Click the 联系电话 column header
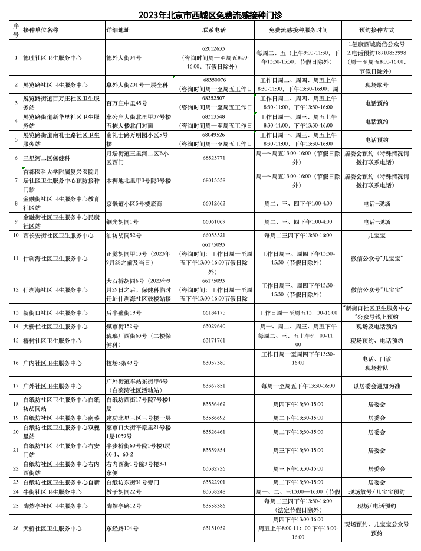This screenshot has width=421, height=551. tap(213, 30)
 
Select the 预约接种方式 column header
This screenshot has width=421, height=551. tap(376, 30)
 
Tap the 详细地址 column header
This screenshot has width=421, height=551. tap(118, 30)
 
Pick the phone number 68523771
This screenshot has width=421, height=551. tap(213, 158)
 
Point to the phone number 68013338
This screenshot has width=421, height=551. tap(213, 180)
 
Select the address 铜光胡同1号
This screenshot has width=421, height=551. tap(122, 221)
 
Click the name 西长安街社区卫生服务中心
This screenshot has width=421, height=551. tap(58, 235)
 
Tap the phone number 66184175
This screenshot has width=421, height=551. tap(213, 312)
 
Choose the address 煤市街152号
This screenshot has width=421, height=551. tap(122, 326)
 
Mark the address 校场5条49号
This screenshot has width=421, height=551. tap(122, 363)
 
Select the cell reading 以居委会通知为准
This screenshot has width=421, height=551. tap(376, 386)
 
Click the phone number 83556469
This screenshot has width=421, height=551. tap(213, 404)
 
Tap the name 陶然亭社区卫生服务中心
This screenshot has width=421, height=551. tap(55, 506)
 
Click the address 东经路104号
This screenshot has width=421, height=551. tap(122, 528)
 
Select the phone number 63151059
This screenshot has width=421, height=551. tap(213, 528)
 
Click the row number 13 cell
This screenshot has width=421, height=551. tap(16, 312)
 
